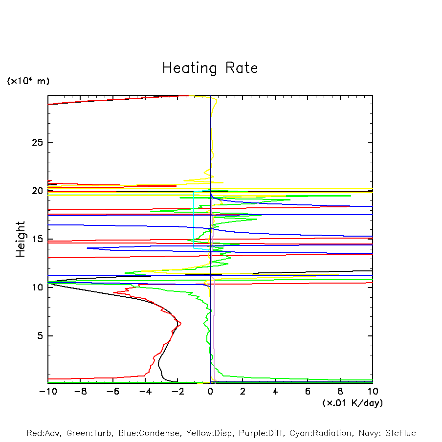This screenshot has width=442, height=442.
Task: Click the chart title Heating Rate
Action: pos(210,68)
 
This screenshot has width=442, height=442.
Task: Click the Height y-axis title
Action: pos(21,239)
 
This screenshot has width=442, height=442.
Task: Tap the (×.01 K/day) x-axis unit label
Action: pos(353,402)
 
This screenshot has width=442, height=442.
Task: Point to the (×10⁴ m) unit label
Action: pos(28,81)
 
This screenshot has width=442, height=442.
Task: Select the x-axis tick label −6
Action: pos(112,391)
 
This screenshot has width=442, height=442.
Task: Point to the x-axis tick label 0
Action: pos(210,391)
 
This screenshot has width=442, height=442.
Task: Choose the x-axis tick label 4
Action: pos(275,391)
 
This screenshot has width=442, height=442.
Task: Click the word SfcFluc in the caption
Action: pos(400,433)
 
